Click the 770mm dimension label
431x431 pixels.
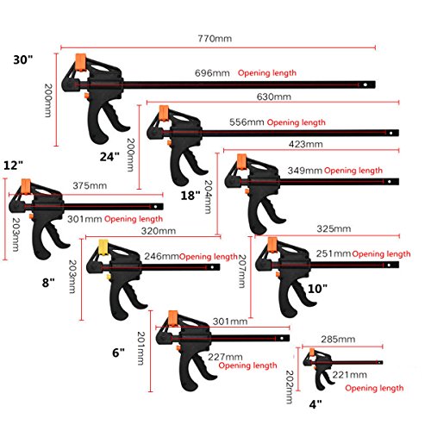click(215, 39)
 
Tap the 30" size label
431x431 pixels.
click(23, 59)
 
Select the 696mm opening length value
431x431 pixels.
click(212, 73)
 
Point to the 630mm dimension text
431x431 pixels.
click(273, 97)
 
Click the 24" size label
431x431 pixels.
click(109, 157)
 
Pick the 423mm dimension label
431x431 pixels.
click(305, 144)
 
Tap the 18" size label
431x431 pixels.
click(191, 196)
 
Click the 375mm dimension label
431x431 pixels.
click(90, 185)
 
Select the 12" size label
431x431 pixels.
click(13, 166)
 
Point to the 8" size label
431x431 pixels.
click(48, 283)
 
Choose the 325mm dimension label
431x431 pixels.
click(334, 228)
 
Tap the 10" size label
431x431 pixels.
click(317, 289)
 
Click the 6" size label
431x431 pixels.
click(118, 353)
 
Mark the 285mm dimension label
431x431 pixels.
click(338, 339)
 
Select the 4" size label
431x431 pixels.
click(315, 404)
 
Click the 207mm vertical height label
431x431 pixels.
click(242, 271)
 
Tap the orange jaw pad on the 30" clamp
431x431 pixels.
click(81, 62)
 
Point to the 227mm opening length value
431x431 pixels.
click(225, 357)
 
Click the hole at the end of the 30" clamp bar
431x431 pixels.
click(365, 84)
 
